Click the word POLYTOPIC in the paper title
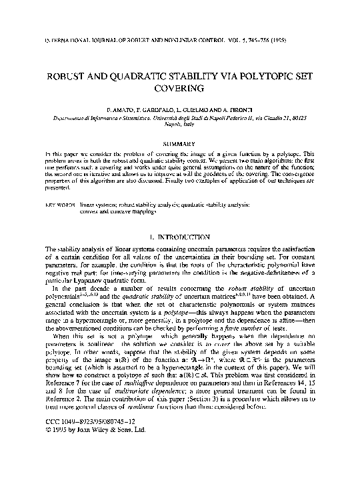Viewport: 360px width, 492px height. [x=248, y=73]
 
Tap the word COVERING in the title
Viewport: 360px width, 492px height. [x=180, y=87]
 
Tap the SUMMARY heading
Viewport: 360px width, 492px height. [x=179, y=143]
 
